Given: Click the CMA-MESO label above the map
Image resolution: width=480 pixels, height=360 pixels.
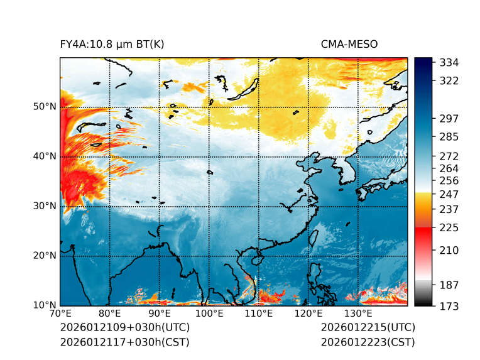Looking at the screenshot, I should tap(349, 44).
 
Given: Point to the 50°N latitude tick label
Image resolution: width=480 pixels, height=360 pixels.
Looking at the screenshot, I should tap(44, 107).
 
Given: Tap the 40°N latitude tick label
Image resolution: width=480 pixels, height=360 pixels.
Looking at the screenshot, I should tap(44, 156).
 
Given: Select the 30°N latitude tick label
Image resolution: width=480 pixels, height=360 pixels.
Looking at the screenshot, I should tap(44, 206).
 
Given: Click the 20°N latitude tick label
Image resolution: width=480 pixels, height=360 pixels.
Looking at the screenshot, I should tap(44, 256).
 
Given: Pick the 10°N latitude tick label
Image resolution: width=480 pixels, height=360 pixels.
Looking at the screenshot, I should tap(44, 306).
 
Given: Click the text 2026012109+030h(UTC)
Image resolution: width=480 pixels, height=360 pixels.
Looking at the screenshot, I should tap(124, 327).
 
